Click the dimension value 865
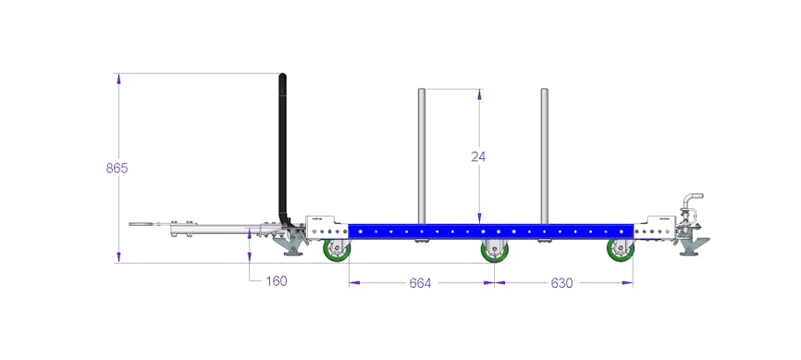117,168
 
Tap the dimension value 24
478,156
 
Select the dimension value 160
277,280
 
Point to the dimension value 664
421,283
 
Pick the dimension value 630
561,283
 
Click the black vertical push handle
282,148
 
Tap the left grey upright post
422,155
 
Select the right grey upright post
545,155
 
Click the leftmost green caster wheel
338,251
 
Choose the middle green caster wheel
494,251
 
